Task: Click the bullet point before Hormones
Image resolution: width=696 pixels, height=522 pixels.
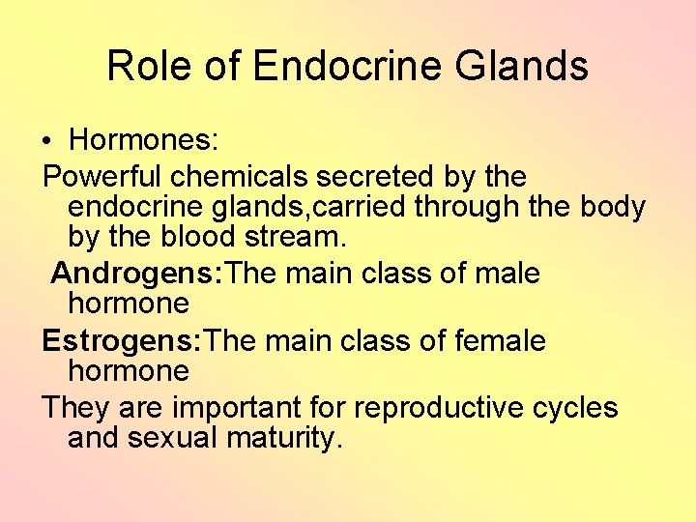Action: point(47,142)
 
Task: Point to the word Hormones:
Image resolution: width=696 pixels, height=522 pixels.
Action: point(145,141)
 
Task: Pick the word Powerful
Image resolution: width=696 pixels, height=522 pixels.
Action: point(102,177)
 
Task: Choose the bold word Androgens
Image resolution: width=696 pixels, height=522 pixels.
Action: point(136,274)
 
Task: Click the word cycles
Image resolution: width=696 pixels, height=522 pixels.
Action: point(575,408)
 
